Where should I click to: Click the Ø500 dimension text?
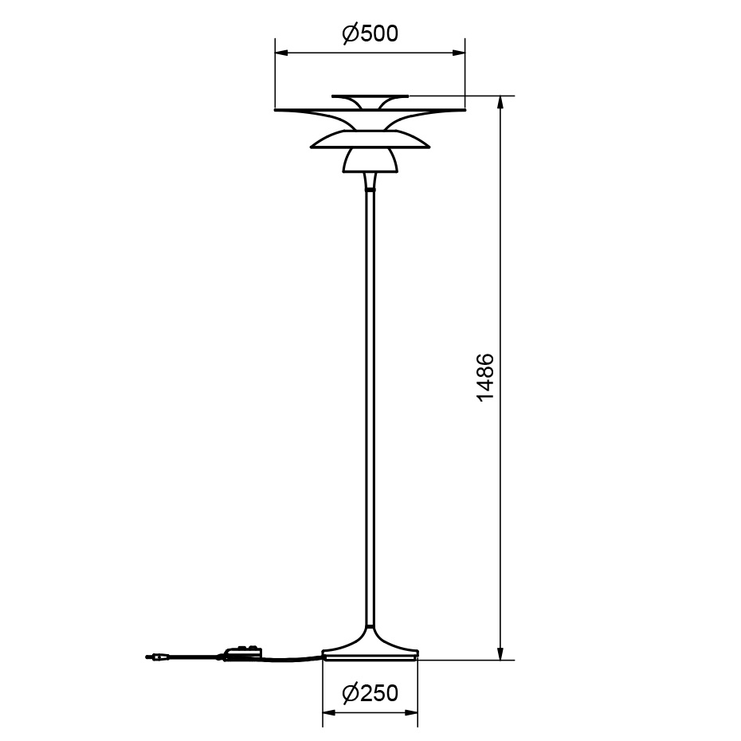point(370,33)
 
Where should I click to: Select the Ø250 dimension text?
point(370,693)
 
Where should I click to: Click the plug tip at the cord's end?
point(151,658)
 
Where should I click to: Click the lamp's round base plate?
point(370,655)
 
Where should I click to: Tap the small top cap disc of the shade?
point(370,96)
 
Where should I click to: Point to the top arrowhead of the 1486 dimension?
point(500,102)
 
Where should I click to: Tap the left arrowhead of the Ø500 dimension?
point(280,53)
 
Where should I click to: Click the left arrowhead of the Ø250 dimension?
point(327,713)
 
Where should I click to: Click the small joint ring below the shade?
point(370,190)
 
